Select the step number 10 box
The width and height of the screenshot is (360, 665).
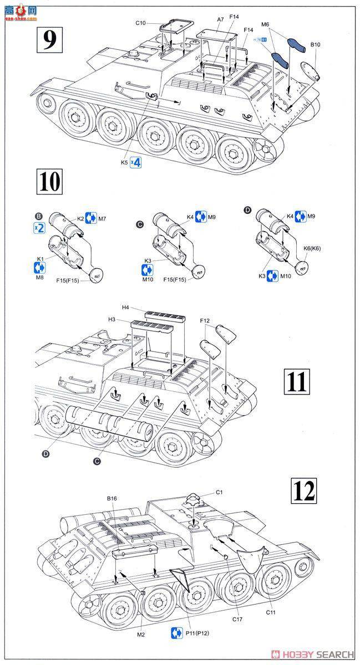coord(50,181)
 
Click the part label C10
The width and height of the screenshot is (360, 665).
coord(140,23)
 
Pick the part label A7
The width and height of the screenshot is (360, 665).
coord(221,19)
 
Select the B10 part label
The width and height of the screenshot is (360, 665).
coord(316,44)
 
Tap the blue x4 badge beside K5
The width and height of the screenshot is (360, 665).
coord(135,163)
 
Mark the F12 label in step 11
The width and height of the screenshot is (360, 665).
coord(205,320)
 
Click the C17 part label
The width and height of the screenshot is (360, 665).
coord(237,618)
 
